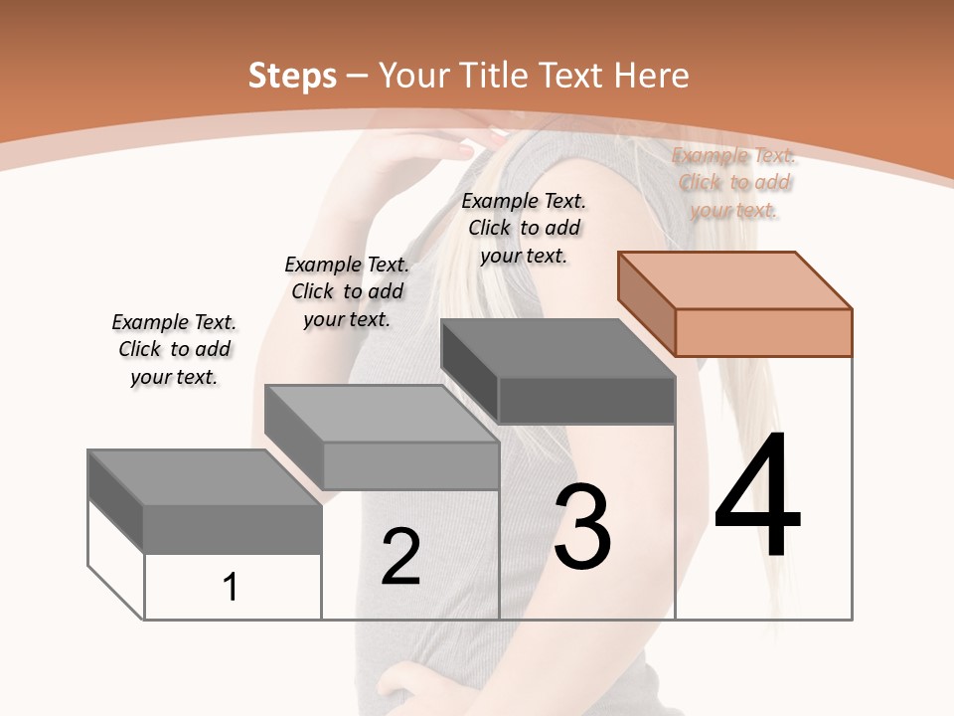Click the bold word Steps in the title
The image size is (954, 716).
pyautogui.click(x=292, y=77)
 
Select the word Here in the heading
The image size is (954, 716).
pyautogui.click(x=651, y=75)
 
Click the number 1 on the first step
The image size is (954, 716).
pyautogui.click(x=230, y=587)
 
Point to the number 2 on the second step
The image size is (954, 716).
pyautogui.click(x=400, y=556)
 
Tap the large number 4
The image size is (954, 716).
pyautogui.click(x=757, y=493)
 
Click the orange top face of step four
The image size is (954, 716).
pyautogui.click(x=735, y=280)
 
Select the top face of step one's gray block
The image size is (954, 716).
pyautogui.click(x=205, y=477)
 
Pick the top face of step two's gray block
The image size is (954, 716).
pyautogui.click(x=382, y=414)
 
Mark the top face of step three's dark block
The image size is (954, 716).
pyautogui.click(x=557, y=348)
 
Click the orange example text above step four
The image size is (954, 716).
pyautogui.click(x=733, y=183)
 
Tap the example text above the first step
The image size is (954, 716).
pyautogui.click(x=174, y=349)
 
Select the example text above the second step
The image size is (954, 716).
pyautogui.click(x=347, y=291)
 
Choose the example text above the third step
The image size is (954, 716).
pyautogui.click(x=524, y=229)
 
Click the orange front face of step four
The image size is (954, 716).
pyautogui.click(x=763, y=332)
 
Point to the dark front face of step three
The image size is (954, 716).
pyautogui.click(x=586, y=400)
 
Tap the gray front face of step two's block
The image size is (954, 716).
pyautogui.click(x=411, y=465)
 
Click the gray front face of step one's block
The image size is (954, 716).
pyautogui.click(x=233, y=529)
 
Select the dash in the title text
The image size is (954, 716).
pyautogui.click(x=357, y=78)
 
